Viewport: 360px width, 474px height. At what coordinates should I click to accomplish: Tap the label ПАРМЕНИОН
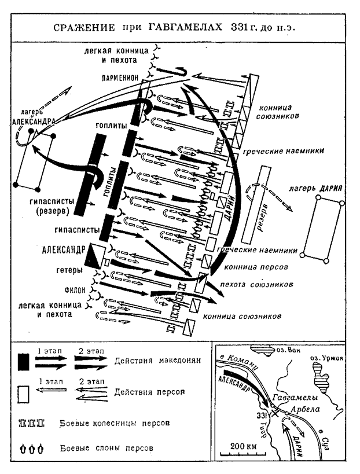120,78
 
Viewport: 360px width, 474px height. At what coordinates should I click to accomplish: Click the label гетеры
74,270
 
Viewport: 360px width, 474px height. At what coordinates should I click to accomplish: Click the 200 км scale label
243,447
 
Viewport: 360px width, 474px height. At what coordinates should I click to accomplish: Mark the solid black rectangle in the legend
23,361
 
